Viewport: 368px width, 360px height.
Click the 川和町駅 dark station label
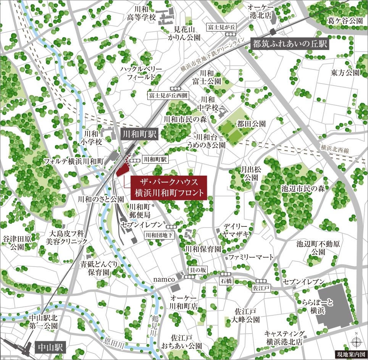139,134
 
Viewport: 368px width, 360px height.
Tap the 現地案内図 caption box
350,354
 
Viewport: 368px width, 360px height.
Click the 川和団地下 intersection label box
159,235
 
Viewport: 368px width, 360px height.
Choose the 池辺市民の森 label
303,188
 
